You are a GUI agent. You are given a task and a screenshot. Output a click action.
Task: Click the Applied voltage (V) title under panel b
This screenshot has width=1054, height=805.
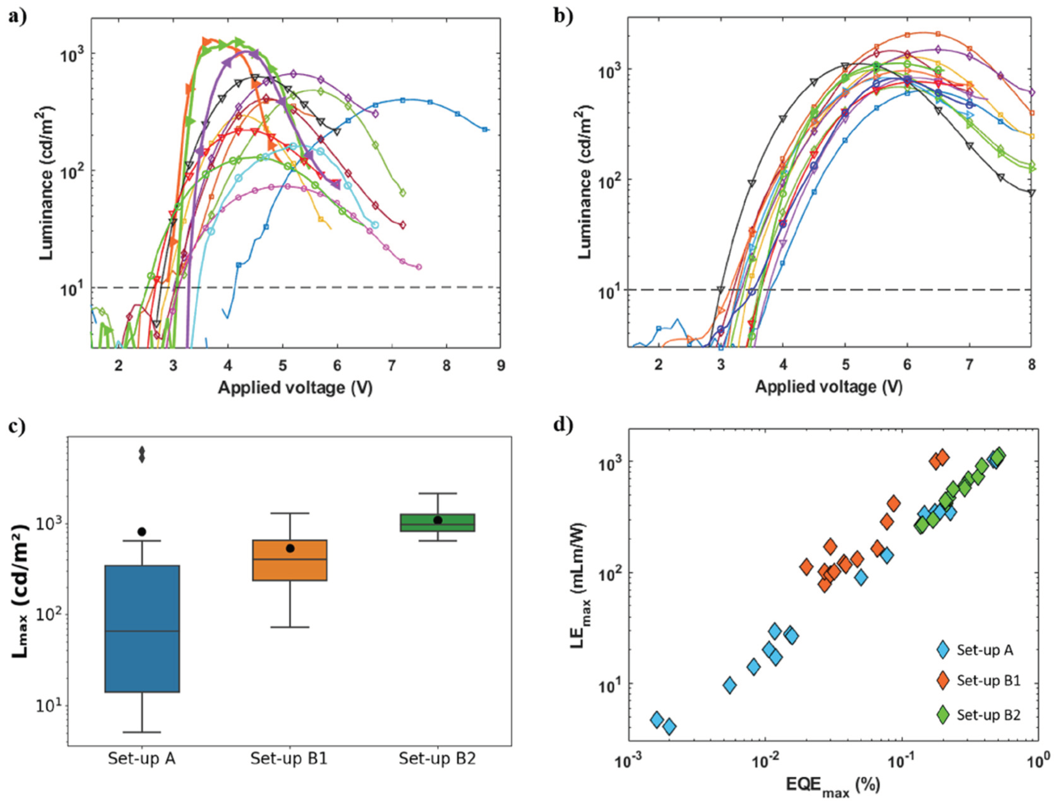click(x=829, y=386)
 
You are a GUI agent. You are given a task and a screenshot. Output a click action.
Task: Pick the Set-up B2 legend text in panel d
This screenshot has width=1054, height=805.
click(x=988, y=715)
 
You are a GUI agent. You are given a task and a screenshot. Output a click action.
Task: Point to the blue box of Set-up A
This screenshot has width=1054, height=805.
click(x=142, y=628)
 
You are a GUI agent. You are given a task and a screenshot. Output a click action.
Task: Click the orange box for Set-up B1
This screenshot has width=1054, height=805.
click(x=290, y=560)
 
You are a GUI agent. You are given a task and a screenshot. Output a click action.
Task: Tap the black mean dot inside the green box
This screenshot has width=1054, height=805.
click(x=438, y=520)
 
